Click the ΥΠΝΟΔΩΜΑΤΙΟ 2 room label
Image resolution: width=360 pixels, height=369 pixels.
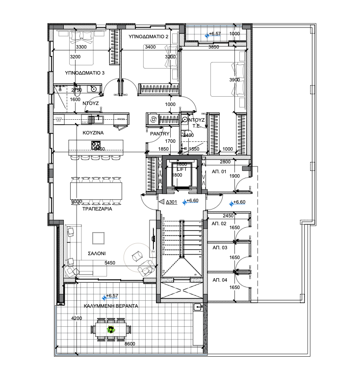tap(149, 37)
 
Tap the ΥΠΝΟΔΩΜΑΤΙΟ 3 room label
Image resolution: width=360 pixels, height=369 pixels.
tap(84, 73)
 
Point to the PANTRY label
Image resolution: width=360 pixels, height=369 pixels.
tap(160, 133)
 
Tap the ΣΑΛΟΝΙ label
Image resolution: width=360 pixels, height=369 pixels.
tap(97, 254)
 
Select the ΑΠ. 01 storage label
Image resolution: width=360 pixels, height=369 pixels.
tap(219, 172)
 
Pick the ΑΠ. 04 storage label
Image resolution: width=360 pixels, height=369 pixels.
tap(219, 280)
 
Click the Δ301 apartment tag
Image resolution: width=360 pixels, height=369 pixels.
tap(171, 202)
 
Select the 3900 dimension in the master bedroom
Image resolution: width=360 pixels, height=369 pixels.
tap(234, 80)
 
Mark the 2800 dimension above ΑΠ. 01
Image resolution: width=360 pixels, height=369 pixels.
tap(225, 162)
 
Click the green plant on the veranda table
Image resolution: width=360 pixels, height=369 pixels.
tap(111, 331)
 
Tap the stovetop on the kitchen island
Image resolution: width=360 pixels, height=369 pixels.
tap(96, 145)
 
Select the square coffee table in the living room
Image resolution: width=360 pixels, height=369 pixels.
tap(98, 238)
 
